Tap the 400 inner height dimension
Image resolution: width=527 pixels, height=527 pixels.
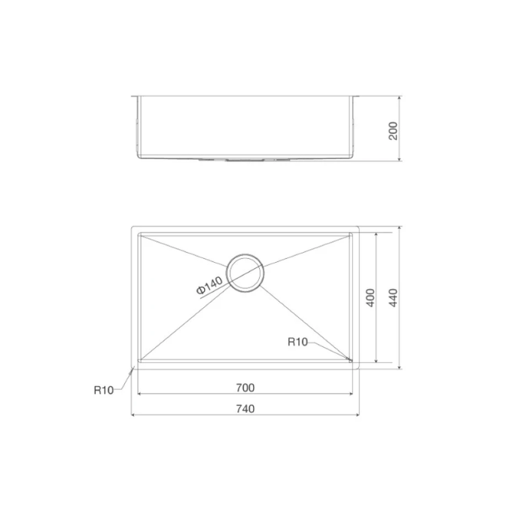(370, 298)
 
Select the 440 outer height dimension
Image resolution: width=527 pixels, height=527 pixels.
(392, 298)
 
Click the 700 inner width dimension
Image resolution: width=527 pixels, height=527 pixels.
(245, 388)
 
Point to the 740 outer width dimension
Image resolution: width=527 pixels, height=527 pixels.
(245, 409)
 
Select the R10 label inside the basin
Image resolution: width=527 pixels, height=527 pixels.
(298, 342)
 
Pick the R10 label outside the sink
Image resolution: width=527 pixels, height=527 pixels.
(103, 390)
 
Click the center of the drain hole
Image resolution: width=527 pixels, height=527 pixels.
(245, 273)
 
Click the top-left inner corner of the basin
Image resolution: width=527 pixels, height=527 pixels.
(139, 233)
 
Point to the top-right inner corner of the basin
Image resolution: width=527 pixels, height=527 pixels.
(352, 233)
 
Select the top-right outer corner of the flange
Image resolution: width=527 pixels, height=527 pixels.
(360, 226)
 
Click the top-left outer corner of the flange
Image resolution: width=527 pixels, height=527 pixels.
(132, 226)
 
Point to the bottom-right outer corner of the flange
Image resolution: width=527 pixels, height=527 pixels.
(360, 369)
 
